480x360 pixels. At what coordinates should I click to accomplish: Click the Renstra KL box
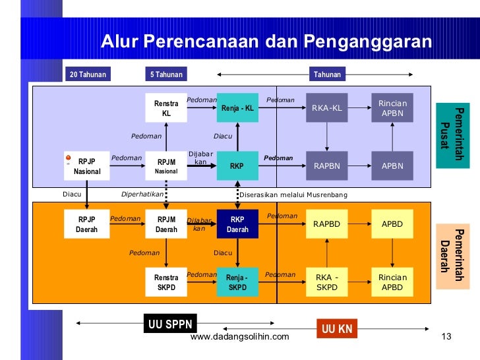[x=166, y=108]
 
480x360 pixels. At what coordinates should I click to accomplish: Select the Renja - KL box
[x=237, y=108]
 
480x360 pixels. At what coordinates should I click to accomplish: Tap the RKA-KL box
[x=326, y=108]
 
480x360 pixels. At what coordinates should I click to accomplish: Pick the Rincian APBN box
[x=392, y=108]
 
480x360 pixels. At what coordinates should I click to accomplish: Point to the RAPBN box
[x=326, y=166]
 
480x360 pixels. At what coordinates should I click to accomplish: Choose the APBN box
[x=392, y=166]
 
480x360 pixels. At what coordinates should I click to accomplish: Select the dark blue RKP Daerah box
[x=237, y=224]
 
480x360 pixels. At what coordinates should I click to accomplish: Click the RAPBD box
[x=326, y=224]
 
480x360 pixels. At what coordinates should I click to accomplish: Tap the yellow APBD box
[x=392, y=224]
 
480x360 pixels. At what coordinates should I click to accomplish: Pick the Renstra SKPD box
[x=166, y=282]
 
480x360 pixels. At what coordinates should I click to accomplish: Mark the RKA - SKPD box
[x=326, y=282]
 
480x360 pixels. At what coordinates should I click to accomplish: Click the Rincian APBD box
[x=392, y=282]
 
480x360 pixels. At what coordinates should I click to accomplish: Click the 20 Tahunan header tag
[x=88, y=75]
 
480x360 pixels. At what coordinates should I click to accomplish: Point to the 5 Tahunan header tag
[x=166, y=75]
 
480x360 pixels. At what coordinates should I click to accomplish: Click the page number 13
[x=445, y=338]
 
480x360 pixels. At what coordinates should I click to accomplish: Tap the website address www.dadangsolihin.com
[x=239, y=338]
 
